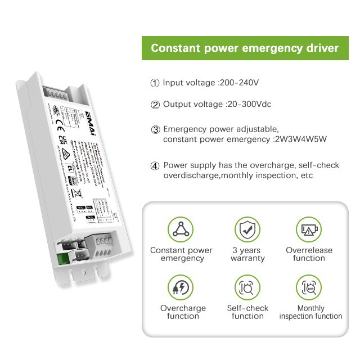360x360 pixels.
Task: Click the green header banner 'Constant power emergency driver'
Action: point(245,48)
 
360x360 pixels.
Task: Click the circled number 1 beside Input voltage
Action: point(155,83)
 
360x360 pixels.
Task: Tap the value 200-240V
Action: point(238,83)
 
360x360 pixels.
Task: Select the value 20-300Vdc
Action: point(249,105)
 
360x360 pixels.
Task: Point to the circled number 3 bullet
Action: point(155,129)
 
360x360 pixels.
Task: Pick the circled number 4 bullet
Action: point(155,166)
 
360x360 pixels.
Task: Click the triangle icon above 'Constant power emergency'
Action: point(181,229)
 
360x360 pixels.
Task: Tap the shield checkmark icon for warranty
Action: point(247,229)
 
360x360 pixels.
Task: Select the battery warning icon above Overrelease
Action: point(309,229)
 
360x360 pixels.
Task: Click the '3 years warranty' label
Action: point(247,254)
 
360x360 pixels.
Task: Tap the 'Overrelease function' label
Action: point(309,254)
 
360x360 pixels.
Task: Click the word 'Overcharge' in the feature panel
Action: point(183,308)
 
